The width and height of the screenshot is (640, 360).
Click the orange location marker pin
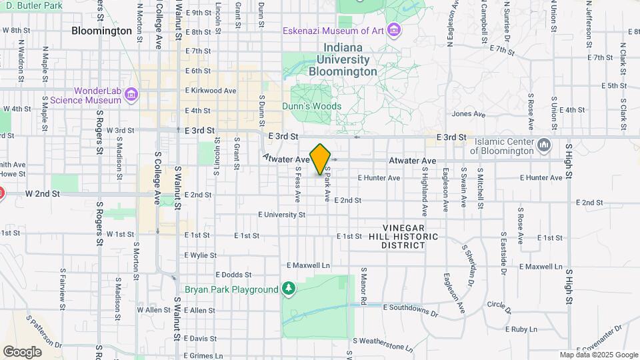pos(321,159)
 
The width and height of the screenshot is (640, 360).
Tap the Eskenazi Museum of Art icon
pos(395,30)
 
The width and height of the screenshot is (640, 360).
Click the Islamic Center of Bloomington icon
pos(544,144)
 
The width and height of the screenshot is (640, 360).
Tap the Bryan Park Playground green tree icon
pos(288,289)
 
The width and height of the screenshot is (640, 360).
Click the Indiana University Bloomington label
pos(343,59)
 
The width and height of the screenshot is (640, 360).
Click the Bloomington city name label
pos(101,31)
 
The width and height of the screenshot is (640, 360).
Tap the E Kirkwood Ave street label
pos(211,91)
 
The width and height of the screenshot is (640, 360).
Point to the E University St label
pos(281,215)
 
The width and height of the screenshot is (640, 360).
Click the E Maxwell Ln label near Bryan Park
pos(308,265)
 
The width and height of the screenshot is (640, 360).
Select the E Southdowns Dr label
pos(410,306)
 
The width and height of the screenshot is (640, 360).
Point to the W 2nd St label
pos(43,193)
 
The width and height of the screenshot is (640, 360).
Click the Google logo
pos(22,351)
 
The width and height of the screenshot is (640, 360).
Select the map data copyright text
pos(598,355)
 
